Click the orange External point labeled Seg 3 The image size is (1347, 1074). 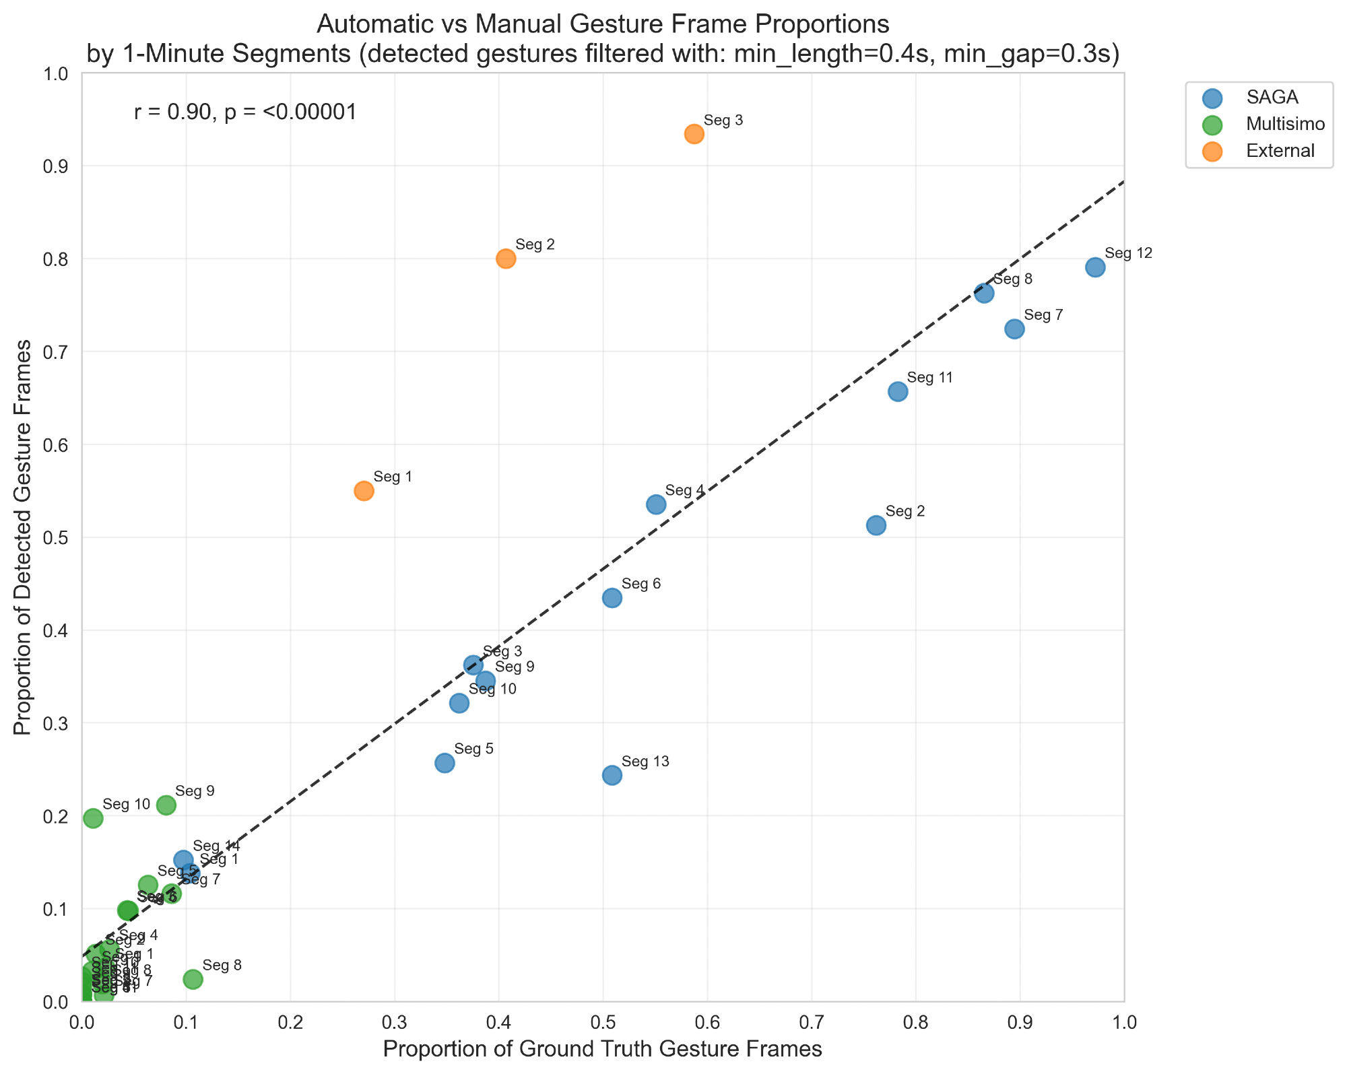coord(694,134)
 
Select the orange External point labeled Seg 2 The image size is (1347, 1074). coord(506,259)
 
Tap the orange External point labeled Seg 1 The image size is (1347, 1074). coord(364,491)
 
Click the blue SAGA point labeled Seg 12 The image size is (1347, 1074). coord(1095,267)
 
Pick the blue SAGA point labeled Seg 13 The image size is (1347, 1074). coord(612,775)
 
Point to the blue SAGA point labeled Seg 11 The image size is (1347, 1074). coord(898,392)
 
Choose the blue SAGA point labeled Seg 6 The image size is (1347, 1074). coord(612,598)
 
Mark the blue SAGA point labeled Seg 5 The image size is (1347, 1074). coord(445,763)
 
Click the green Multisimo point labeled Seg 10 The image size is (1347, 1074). coord(93,818)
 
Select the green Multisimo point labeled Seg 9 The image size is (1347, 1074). coord(166,805)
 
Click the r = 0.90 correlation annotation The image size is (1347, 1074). coord(245,112)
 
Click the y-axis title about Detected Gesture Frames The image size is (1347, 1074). coord(25,537)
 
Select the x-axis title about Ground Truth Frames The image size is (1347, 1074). coord(602,1050)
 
